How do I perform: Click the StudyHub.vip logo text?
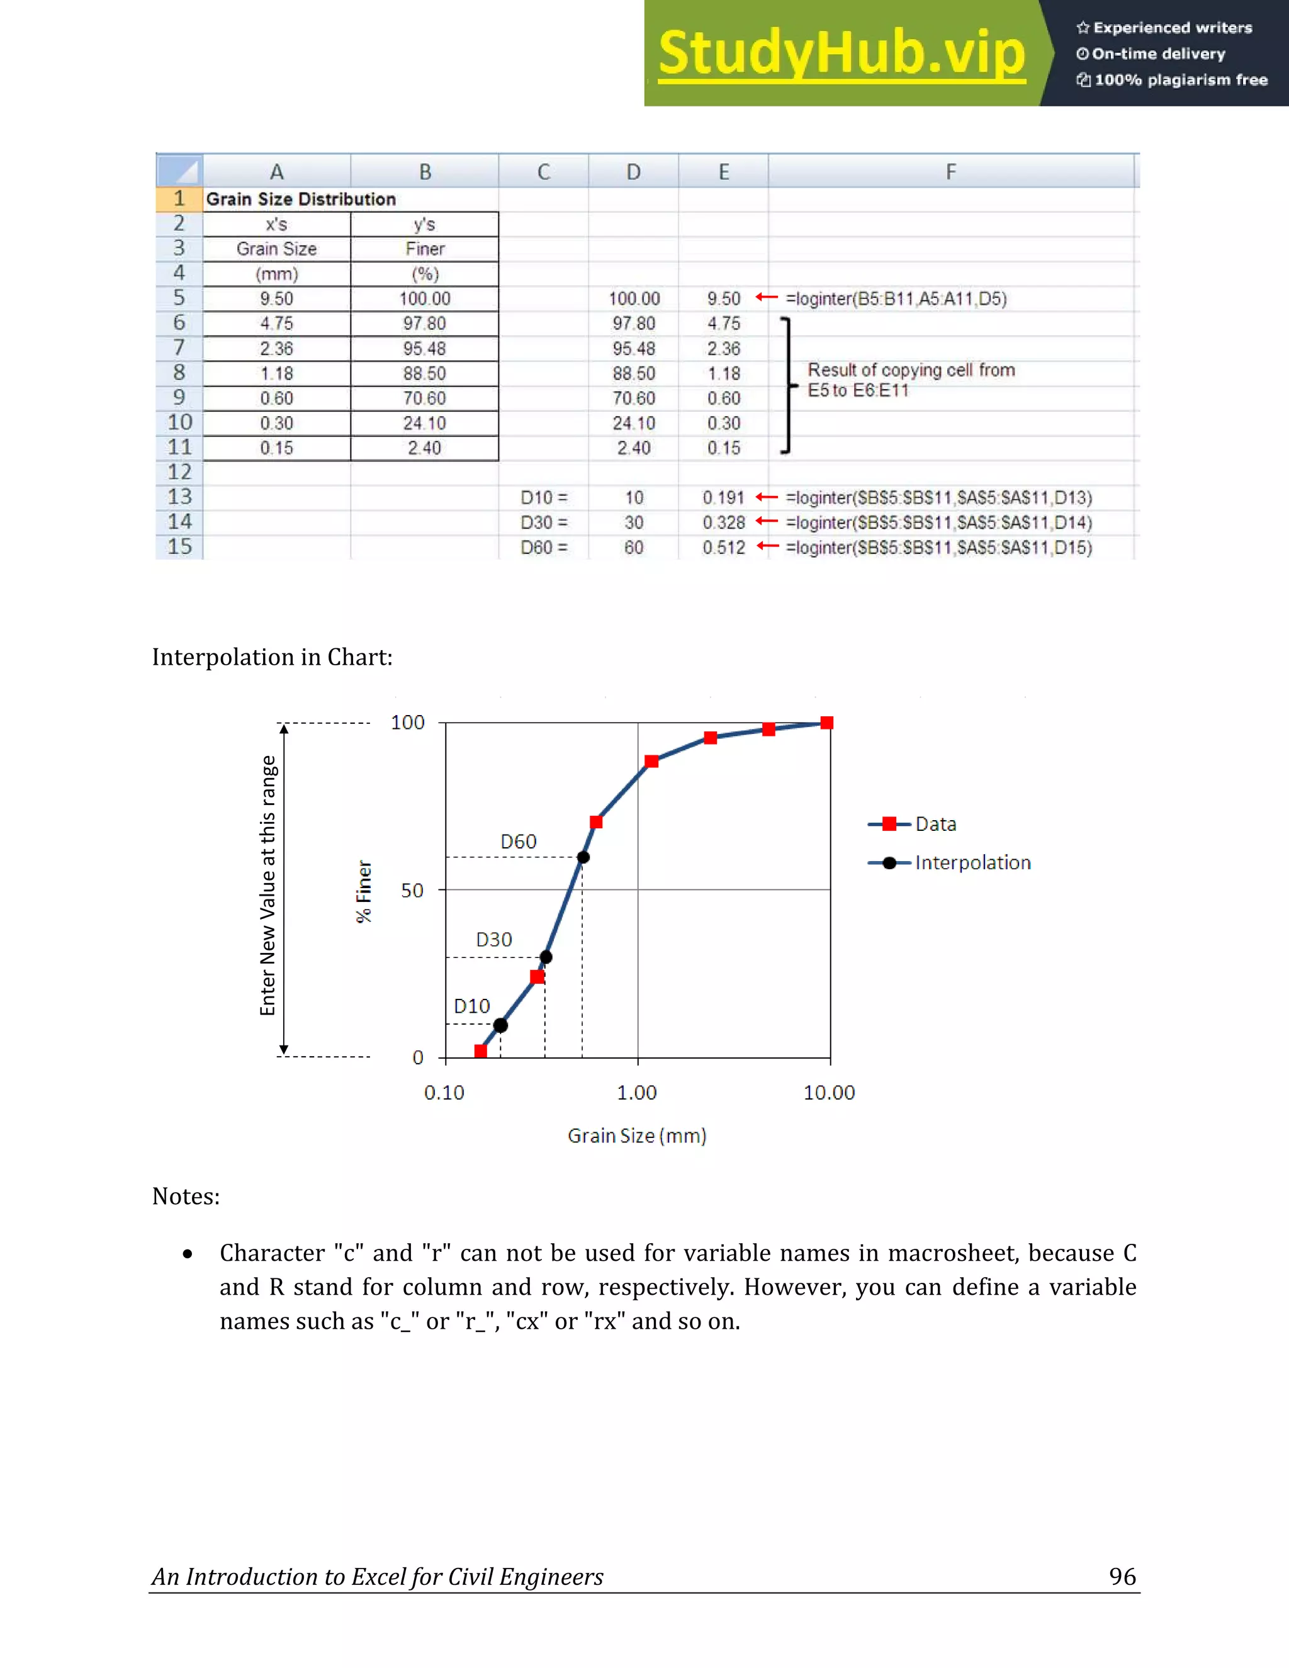point(842,54)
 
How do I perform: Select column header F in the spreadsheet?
point(951,172)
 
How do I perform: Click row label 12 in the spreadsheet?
point(179,472)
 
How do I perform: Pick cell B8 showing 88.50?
point(425,373)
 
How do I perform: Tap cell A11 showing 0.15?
point(276,448)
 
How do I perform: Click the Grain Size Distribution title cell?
point(301,200)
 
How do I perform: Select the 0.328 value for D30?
point(723,522)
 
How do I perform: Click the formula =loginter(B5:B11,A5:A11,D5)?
point(896,298)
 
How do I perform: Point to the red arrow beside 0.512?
point(767,546)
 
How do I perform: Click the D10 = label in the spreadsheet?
point(544,498)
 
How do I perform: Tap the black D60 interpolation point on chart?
point(583,857)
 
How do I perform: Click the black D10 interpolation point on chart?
point(500,1025)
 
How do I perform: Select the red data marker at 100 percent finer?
point(826,723)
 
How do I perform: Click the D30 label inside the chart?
point(494,939)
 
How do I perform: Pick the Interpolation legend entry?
point(972,863)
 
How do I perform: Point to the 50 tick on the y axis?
point(412,891)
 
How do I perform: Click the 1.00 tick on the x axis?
point(637,1093)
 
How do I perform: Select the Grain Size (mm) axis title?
point(637,1135)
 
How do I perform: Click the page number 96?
point(1122,1576)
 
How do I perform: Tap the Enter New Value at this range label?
point(267,886)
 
